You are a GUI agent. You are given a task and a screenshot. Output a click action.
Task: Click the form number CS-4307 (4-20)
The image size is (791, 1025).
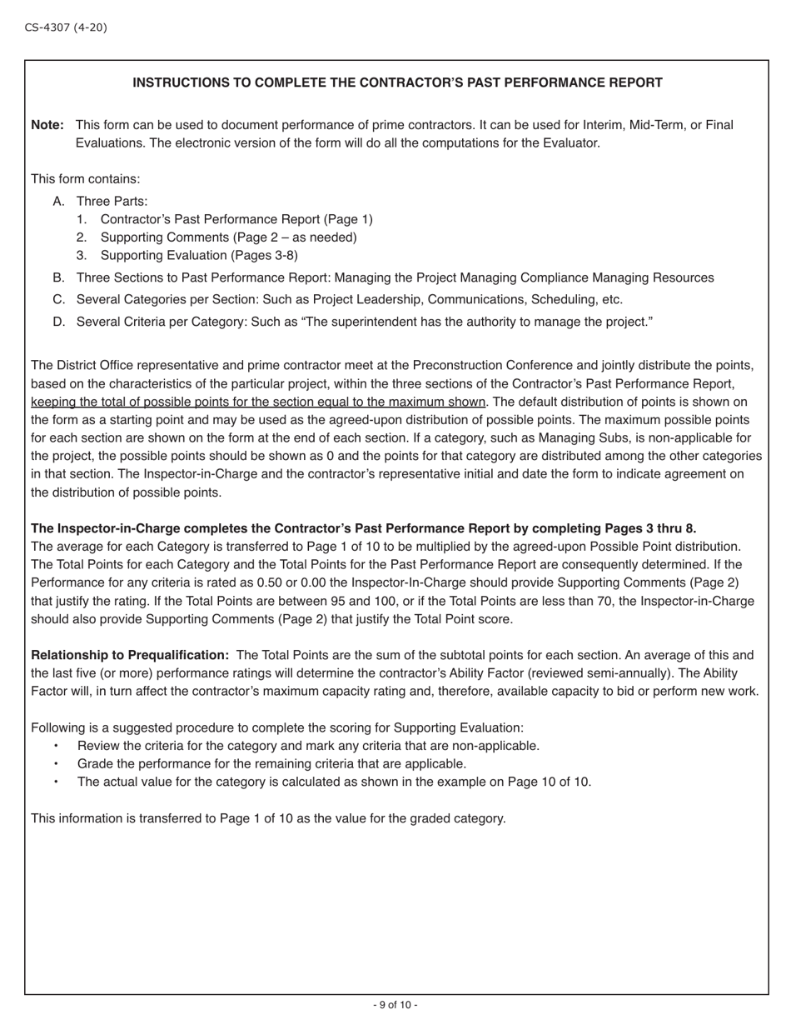(x=66, y=27)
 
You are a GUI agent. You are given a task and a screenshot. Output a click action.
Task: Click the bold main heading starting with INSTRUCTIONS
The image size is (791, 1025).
(x=397, y=82)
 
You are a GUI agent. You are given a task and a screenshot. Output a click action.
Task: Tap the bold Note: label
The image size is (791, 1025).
(x=47, y=125)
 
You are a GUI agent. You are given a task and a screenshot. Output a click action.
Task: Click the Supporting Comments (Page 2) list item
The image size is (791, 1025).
(x=228, y=237)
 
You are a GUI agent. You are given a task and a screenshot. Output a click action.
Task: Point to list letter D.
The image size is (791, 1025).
(x=58, y=322)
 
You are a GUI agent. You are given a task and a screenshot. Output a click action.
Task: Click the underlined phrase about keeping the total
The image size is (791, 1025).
(x=258, y=402)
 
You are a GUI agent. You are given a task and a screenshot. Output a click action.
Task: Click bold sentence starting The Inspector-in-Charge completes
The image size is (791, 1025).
(x=363, y=528)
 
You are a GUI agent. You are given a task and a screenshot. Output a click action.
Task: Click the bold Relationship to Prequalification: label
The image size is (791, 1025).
(x=130, y=655)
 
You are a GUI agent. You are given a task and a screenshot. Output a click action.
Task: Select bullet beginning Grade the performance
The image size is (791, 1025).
(x=271, y=763)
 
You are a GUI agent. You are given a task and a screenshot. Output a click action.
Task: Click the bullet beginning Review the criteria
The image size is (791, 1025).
(x=308, y=746)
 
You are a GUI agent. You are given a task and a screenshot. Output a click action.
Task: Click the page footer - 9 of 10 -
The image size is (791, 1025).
(x=395, y=1005)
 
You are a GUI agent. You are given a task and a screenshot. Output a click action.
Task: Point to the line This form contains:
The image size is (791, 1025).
(x=86, y=179)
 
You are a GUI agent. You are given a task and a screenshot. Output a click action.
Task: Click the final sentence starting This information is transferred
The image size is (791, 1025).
(x=268, y=818)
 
